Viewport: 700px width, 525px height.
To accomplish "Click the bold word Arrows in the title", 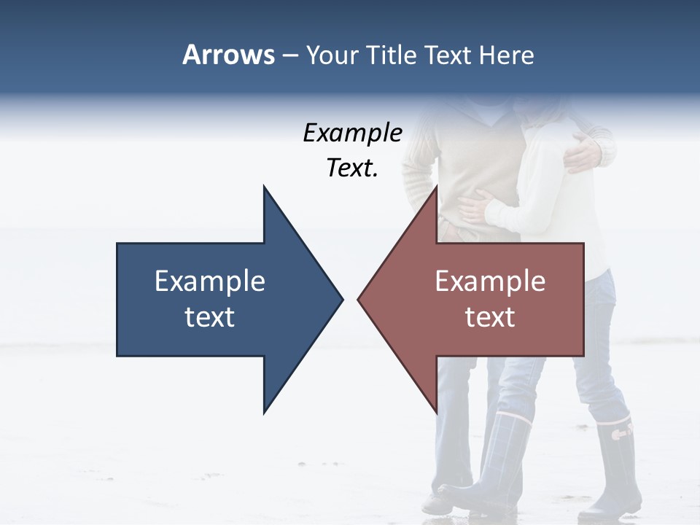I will pyautogui.click(x=228, y=55).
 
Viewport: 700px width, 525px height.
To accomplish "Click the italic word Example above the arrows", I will pyautogui.click(x=352, y=133).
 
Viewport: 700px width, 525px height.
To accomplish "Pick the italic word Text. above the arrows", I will pyautogui.click(x=352, y=168).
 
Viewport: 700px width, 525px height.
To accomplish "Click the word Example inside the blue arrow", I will pyautogui.click(x=210, y=281).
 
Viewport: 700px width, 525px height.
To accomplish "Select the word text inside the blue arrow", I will pyautogui.click(x=210, y=316).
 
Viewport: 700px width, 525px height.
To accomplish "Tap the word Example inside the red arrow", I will pyautogui.click(x=490, y=281).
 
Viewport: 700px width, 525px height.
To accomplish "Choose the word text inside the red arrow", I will pyautogui.click(x=490, y=316).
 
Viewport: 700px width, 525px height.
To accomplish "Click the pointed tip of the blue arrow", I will pyautogui.click(x=341, y=299).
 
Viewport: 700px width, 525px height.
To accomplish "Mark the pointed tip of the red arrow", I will pyautogui.click(x=359, y=299).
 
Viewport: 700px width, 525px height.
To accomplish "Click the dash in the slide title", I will pyautogui.click(x=289, y=56).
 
